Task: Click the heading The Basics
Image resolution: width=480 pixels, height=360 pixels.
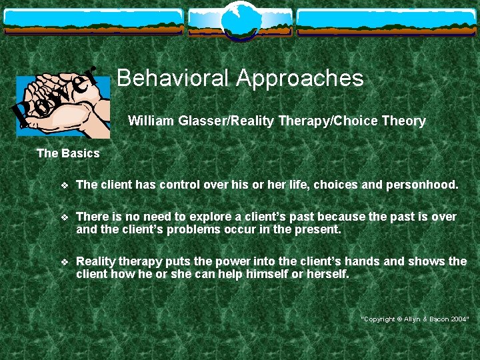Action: click(x=68, y=153)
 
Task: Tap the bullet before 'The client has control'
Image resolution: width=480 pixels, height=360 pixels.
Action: click(x=64, y=185)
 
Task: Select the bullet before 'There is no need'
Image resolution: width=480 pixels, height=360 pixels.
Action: click(x=64, y=217)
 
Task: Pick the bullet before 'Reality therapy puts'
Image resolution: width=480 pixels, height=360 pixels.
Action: click(x=64, y=262)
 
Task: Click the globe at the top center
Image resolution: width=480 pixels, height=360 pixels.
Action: click(x=239, y=19)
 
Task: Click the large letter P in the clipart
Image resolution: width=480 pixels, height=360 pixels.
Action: click(x=25, y=114)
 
